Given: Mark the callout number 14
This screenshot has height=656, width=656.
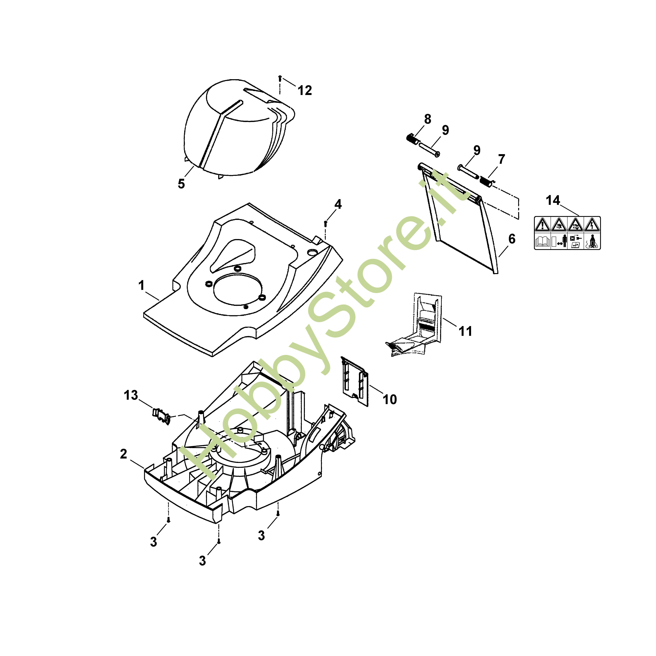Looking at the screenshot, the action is coord(553,200).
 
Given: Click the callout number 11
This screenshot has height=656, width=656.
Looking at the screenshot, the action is coord(465,331).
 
